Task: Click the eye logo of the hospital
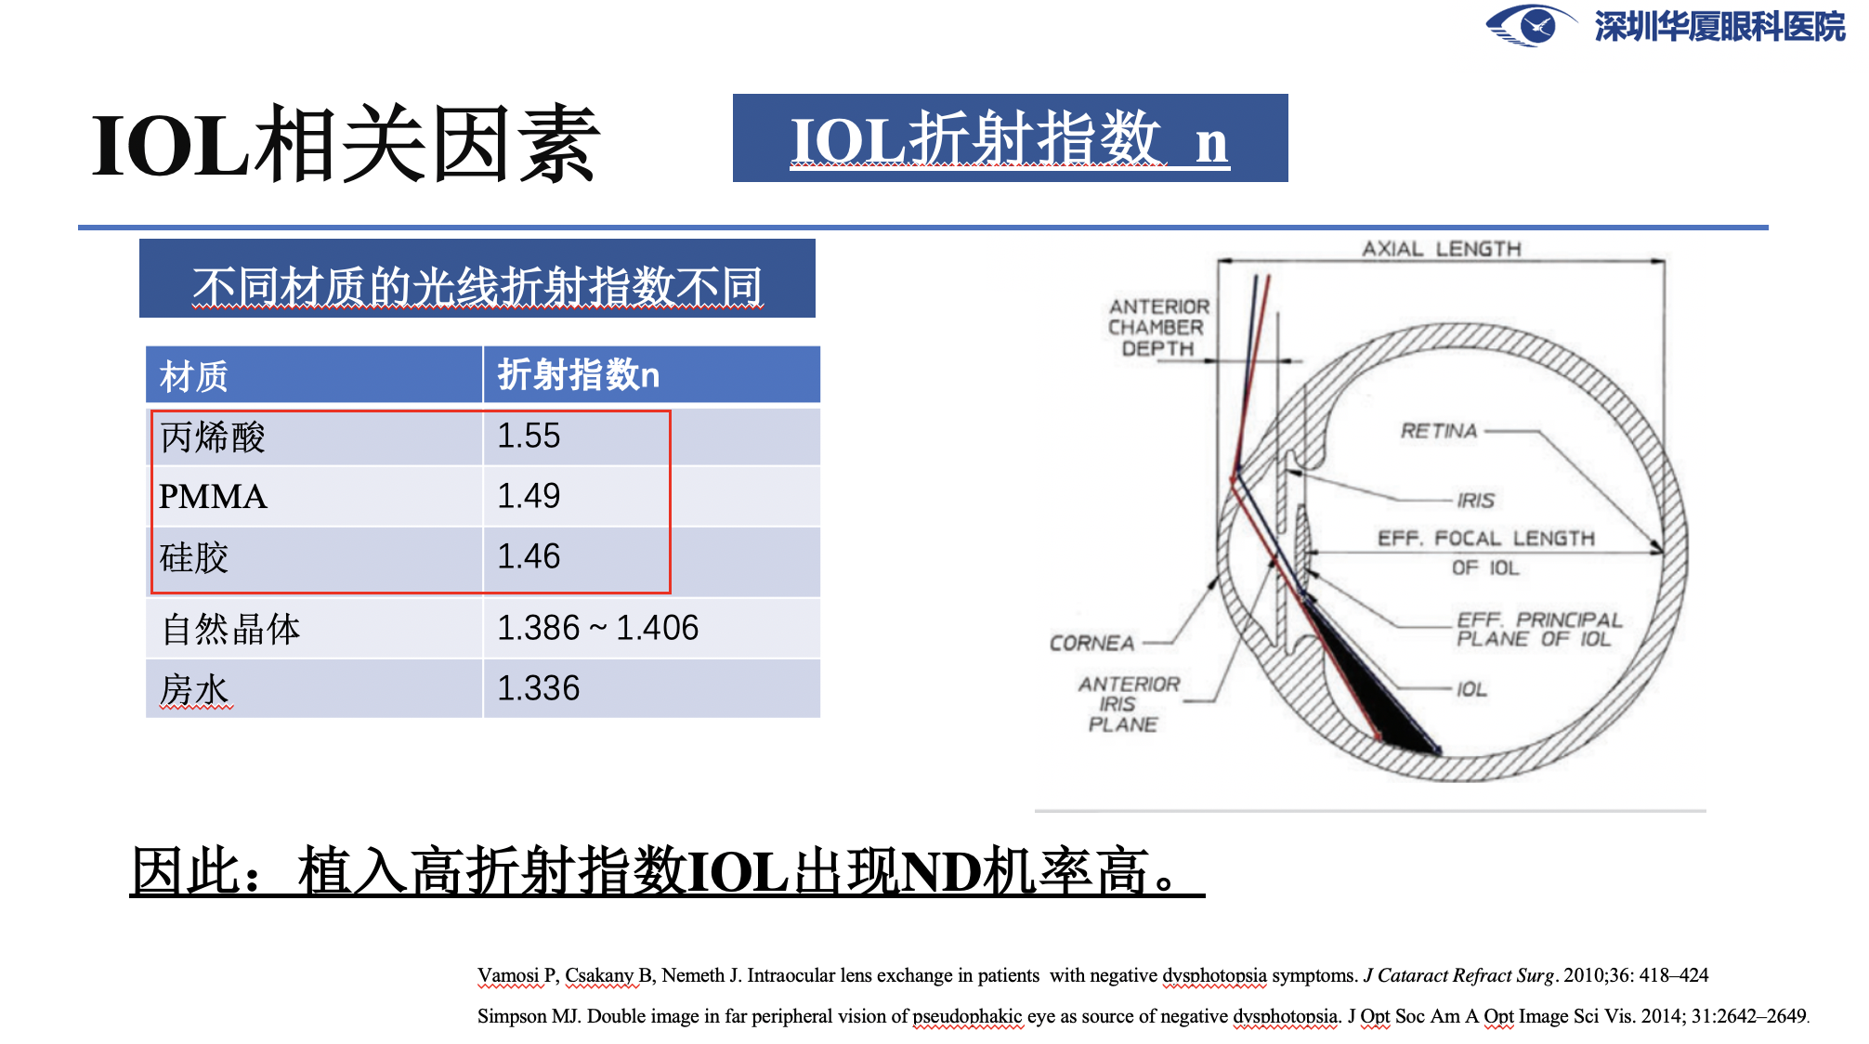[x=1531, y=25]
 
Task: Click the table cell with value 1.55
[x=529, y=436]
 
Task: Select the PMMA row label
[x=213, y=496]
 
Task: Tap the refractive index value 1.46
[x=529, y=556]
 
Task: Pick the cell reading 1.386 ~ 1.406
[x=597, y=628]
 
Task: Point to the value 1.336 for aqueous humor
[x=538, y=688]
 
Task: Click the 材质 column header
[x=193, y=376]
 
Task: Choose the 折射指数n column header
[x=578, y=375]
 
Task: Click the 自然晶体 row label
[x=230, y=629]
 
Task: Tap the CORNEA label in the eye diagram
[x=1091, y=643]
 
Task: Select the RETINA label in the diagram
[x=1438, y=431]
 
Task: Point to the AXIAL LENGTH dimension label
[x=1441, y=249]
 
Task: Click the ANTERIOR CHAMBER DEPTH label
[x=1158, y=327]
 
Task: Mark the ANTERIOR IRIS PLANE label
[x=1128, y=704]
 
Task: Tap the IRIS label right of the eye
[x=1475, y=501]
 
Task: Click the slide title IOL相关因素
[x=346, y=145]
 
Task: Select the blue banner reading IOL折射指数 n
[x=1010, y=138]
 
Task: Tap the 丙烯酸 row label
[x=213, y=437]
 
